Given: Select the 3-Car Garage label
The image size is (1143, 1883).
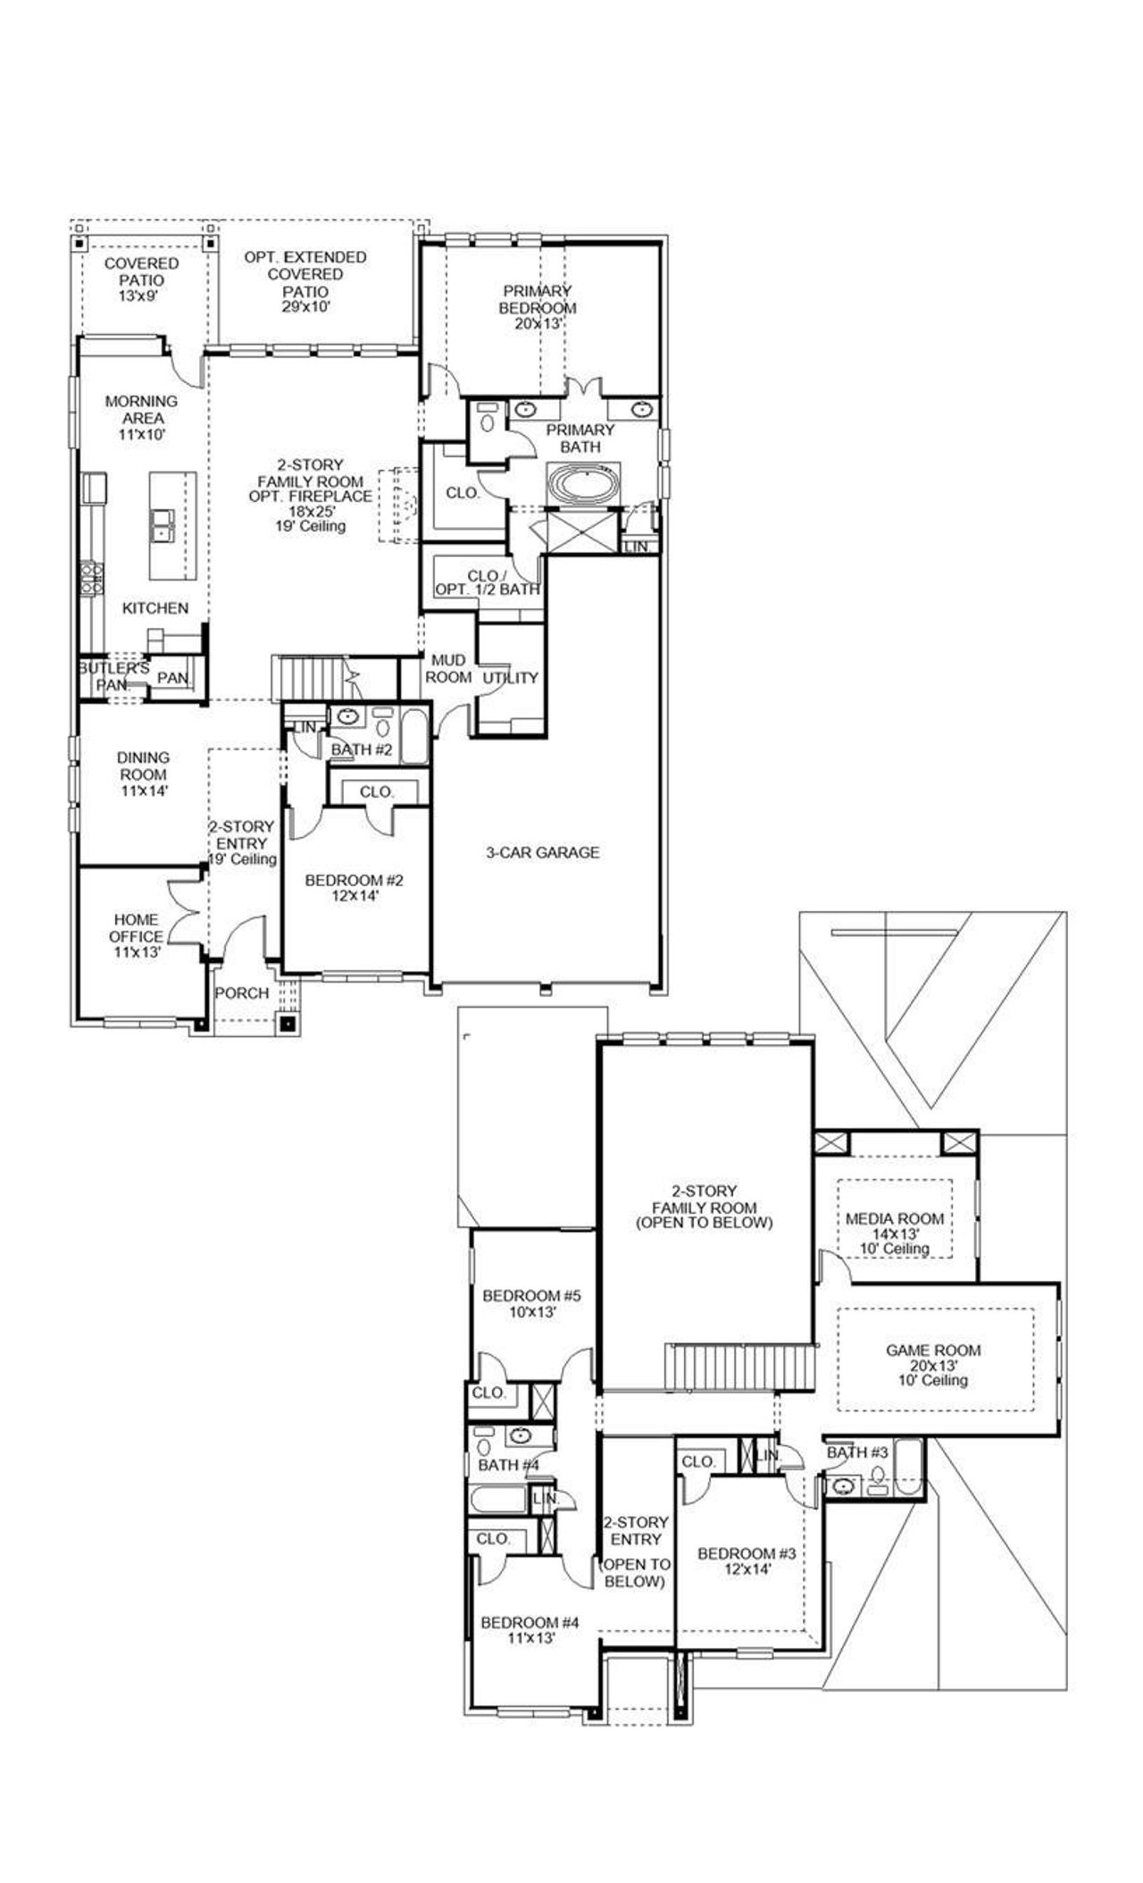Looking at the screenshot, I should pos(542,852).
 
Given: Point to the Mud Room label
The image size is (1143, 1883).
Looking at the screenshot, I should pos(448,668).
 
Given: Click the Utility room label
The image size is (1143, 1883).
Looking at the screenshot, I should pos(511,678).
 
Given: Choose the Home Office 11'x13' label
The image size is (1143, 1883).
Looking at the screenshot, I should pos(137,935).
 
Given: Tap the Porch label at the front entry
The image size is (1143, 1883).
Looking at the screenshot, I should pos(242,992).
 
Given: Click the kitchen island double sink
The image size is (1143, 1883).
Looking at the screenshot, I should pos(163,524).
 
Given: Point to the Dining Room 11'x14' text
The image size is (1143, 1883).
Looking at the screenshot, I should pos(143,774).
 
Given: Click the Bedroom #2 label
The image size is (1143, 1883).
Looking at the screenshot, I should pos(355,888).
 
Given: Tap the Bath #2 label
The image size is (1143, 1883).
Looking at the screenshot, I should pos(362,749).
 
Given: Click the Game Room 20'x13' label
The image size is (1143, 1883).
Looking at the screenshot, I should pos(933,1365).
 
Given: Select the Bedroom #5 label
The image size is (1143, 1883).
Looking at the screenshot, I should pos(532,1303).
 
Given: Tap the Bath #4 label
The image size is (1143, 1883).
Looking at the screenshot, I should pos(508,1465).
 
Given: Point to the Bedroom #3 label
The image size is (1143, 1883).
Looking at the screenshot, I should pos(747,1561).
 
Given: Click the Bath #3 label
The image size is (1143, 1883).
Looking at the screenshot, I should pos(857,1452).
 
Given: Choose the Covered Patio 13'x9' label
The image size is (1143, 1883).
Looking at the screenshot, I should pos(141,280).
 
